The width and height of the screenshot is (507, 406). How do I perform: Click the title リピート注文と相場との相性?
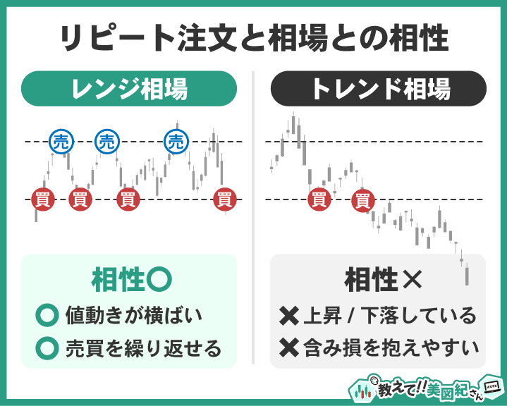coord(253,38)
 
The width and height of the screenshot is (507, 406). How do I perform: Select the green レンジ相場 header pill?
coord(128,90)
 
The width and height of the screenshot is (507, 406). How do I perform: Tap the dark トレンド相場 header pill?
coord(379,90)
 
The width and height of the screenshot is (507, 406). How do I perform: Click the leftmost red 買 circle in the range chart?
coord(41,199)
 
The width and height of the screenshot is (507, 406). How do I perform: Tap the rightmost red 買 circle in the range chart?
coord(224,199)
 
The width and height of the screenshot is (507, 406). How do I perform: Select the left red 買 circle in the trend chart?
coord(319,199)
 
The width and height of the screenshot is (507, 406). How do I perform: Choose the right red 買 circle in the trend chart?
coord(362,199)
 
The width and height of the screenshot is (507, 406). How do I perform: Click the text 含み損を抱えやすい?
coord(389,347)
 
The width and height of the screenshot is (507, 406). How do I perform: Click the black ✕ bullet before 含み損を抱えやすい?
coord(288,347)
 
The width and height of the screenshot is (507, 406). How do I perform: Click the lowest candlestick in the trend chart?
coord(466,275)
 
